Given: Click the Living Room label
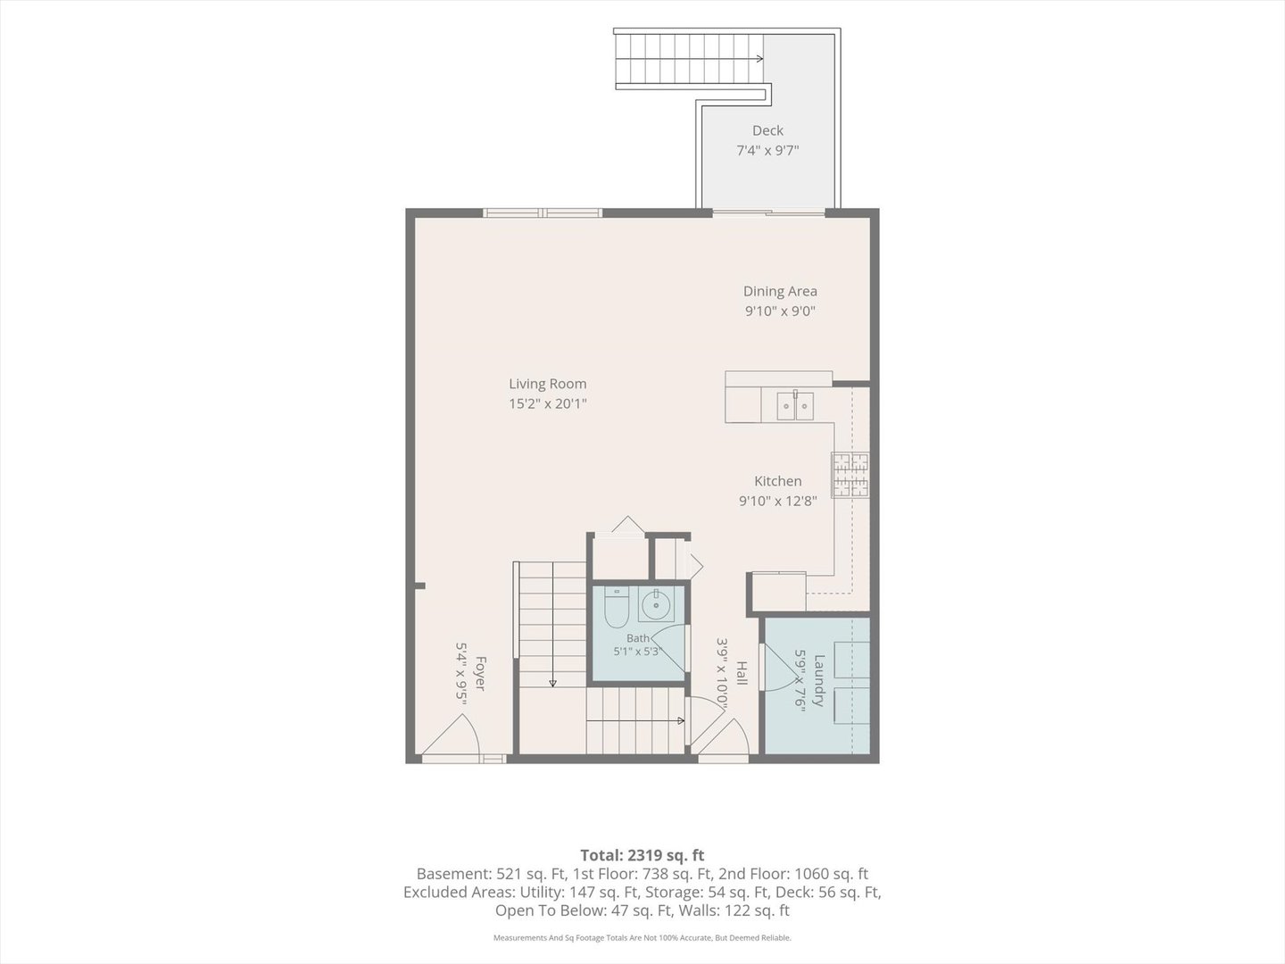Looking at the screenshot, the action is pyautogui.click(x=547, y=384).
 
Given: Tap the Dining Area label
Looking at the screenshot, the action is pyautogui.click(x=780, y=291).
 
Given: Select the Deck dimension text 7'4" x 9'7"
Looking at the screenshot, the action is pyautogui.click(x=767, y=151).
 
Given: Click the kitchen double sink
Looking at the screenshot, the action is pyautogui.click(x=795, y=405).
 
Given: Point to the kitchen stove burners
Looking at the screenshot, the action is pyautogui.click(x=850, y=475).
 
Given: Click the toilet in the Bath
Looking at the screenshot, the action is pyautogui.click(x=616, y=608).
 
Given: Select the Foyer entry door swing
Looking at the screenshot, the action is pyautogui.click(x=451, y=735).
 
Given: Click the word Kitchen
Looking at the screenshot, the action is pyautogui.click(x=777, y=481).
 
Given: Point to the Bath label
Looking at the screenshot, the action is pyautogui.click(x=637, y=638).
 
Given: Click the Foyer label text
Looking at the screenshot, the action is pyautogui.click(x=479, y=673).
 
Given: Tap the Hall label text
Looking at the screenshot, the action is pyautogui.click(x=742, y=673).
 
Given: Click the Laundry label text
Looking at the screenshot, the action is pyautogui.click(x=819, y=681).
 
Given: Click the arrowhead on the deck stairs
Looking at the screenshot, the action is pyautogui.click(x=759, y=59).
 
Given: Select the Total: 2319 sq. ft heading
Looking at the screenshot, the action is pyautogui.click(x=642, y=855).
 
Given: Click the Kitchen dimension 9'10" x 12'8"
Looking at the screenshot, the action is pyautogui.click(x=777, y=501).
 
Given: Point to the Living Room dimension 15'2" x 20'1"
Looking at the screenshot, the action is pyautogui.click(x=547, y=403).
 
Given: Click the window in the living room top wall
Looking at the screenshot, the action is pyautogui.click(x=543, y=212).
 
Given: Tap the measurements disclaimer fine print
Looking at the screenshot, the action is pyautogui.click(x=642, y=937).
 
